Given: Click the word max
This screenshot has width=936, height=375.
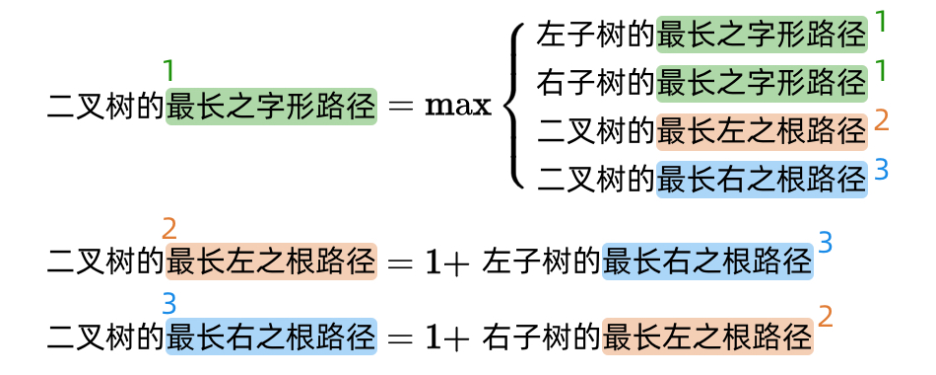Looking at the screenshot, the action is [x=458, y=107].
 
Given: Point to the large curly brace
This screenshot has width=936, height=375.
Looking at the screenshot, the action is [x=515, y=107].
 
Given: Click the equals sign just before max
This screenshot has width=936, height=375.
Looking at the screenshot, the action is [x=400, y=107].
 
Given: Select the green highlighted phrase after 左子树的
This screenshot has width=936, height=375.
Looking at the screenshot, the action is [x=762, y=35].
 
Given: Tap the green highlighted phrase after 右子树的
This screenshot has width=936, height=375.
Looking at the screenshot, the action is [x=762, y=83].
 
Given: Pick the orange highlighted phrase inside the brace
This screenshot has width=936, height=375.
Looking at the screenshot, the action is [x=762, y=131].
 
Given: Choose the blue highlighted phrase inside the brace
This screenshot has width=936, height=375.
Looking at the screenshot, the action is [x=762, y=180].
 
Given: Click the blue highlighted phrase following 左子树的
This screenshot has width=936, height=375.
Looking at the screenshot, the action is [x=708, y=262].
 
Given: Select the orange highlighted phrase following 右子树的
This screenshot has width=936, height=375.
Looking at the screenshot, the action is [x=708, y=337].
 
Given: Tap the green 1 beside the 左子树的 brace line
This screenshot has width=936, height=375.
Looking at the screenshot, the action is [x=882, y=22].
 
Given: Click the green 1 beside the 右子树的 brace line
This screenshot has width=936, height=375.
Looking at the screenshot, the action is [x=882, y=71].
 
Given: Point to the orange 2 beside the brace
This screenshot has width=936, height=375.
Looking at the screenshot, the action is [x=882, y=120].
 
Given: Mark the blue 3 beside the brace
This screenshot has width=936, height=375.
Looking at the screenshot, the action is [x=882, y=170].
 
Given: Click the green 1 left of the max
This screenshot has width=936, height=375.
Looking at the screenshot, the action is [x=169, y=71].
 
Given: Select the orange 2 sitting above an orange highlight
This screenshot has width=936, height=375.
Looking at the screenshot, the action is [x=169, y=229].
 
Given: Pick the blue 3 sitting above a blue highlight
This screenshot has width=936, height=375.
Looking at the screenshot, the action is [x=169, y=304].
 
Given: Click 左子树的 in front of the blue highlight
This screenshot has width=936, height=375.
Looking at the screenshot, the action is [x=541, y=262].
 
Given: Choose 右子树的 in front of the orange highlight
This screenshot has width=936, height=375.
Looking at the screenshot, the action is [x=541, y=337].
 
